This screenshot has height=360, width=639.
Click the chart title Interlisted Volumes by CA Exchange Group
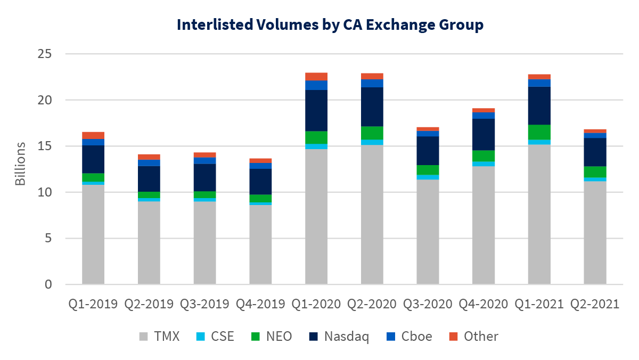pos(330,25)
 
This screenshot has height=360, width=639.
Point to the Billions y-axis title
pos(20,163)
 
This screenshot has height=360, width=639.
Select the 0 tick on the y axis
pos(48,284)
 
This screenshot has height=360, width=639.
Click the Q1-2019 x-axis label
pos(93,304)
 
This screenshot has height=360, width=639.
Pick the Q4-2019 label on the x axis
pos(260,304)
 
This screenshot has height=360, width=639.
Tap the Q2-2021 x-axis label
pos(595,304)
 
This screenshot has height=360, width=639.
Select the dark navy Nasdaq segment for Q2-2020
pos(372,107)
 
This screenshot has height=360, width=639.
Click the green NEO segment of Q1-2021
pos(539,132)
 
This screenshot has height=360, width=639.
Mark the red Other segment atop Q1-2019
pos(93,135)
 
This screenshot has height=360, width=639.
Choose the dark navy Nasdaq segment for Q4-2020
pos(484,135)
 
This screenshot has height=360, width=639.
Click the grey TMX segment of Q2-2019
pos(149,243)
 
